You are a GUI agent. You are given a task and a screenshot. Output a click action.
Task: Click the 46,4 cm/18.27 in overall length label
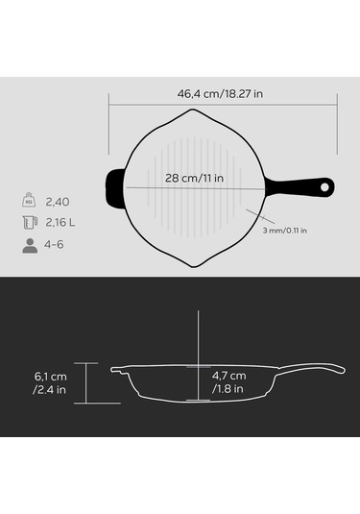point(220,94)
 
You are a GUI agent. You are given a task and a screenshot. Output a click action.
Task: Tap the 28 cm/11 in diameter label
point(194,178)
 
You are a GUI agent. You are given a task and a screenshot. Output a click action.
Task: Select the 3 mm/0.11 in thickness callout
point(285,231)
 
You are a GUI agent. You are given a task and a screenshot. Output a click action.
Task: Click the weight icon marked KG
point(29,200)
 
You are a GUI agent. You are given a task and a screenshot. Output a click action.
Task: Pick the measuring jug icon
point(30,222)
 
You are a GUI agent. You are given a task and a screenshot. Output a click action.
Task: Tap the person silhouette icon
point(30,246)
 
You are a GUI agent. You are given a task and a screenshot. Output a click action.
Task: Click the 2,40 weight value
point(58,202)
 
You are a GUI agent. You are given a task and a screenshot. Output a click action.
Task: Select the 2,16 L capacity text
point(60,223)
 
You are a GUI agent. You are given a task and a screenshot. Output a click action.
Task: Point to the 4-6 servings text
point(54,245)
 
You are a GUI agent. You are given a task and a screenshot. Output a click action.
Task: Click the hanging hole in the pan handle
point(324,187)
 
